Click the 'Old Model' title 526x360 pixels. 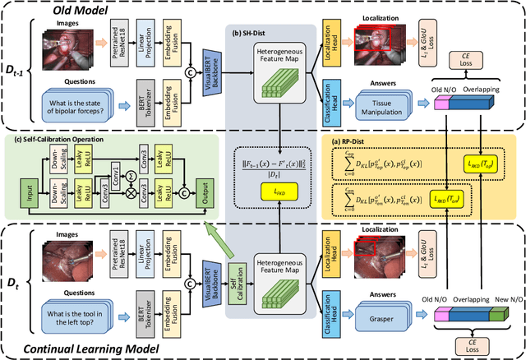point(72,11)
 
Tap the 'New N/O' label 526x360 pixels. point(505,299)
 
